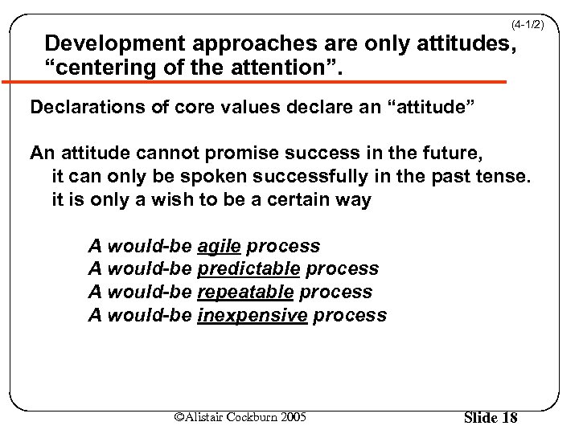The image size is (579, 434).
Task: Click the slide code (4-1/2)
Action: point(528,26)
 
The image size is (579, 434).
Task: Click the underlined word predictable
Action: point(248,269)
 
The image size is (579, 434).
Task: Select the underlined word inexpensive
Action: point(252,316)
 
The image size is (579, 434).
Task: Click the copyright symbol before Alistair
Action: point(179,416)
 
